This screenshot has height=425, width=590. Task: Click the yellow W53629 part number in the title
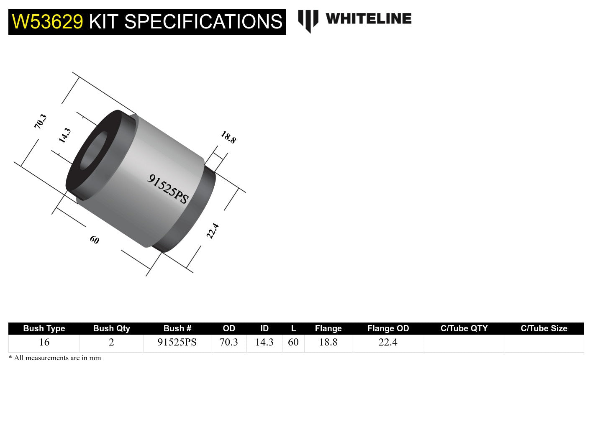(x=47, y=22)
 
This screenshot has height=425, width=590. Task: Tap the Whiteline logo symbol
(x=308, y=20)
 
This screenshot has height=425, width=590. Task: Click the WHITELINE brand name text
(x=368, y=19)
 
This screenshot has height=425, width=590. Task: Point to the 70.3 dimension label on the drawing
(x=41, y=121)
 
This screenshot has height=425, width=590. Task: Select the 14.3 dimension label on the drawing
(x=65, y=136)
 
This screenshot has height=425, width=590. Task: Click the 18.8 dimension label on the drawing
(x=228, y=137)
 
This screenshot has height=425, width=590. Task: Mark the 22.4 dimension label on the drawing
(x=213, y=231)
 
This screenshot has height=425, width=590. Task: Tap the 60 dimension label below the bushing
(x=95, y=240)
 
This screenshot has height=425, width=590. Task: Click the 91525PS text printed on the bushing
(x=168, y=189)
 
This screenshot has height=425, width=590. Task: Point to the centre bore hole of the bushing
(x=93, y=151)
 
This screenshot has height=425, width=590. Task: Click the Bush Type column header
(x=44, y=328)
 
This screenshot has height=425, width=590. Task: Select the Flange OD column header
(x=388, y=328)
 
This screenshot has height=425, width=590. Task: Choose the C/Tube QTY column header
(x=464, y=328)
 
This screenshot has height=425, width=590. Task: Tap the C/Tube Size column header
(x=544, y=328)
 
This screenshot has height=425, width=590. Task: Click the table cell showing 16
(x=44, y=342)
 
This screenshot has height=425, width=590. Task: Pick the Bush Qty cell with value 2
(x=111, y=342)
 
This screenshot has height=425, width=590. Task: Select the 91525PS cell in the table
(x=177, y=342)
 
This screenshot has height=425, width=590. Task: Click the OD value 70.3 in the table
(x=229, y=342)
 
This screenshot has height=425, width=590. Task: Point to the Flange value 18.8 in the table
(x=328, y=342)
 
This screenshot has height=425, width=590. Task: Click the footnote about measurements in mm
(x=55, y=358)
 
